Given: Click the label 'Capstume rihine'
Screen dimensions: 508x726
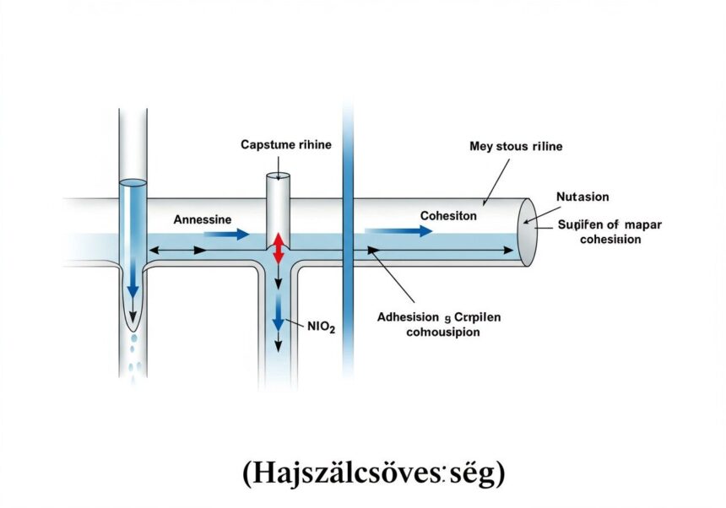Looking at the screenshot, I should coord(286,144).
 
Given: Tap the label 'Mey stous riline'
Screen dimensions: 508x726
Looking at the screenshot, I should coord(515,146).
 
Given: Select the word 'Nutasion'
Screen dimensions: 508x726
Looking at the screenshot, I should coord(582,196).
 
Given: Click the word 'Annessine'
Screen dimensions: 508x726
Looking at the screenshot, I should coord(202,219).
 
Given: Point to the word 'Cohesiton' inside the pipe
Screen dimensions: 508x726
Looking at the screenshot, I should coord(448,216).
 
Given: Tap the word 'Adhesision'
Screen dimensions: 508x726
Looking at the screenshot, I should coord(408,318).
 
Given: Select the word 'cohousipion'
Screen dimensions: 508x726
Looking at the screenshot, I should coord(432,332).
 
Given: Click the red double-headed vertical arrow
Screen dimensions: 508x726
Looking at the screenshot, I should coord(277,249).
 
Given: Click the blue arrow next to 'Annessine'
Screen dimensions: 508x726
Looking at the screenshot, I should coord(225,234).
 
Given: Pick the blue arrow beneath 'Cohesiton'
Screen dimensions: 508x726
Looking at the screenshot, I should coord(398,230).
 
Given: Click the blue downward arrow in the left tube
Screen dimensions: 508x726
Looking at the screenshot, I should coord(133,278).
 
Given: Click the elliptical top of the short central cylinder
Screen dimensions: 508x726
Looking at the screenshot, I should coord(278,176).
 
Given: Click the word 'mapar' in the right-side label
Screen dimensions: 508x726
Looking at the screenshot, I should coord(644,224).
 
